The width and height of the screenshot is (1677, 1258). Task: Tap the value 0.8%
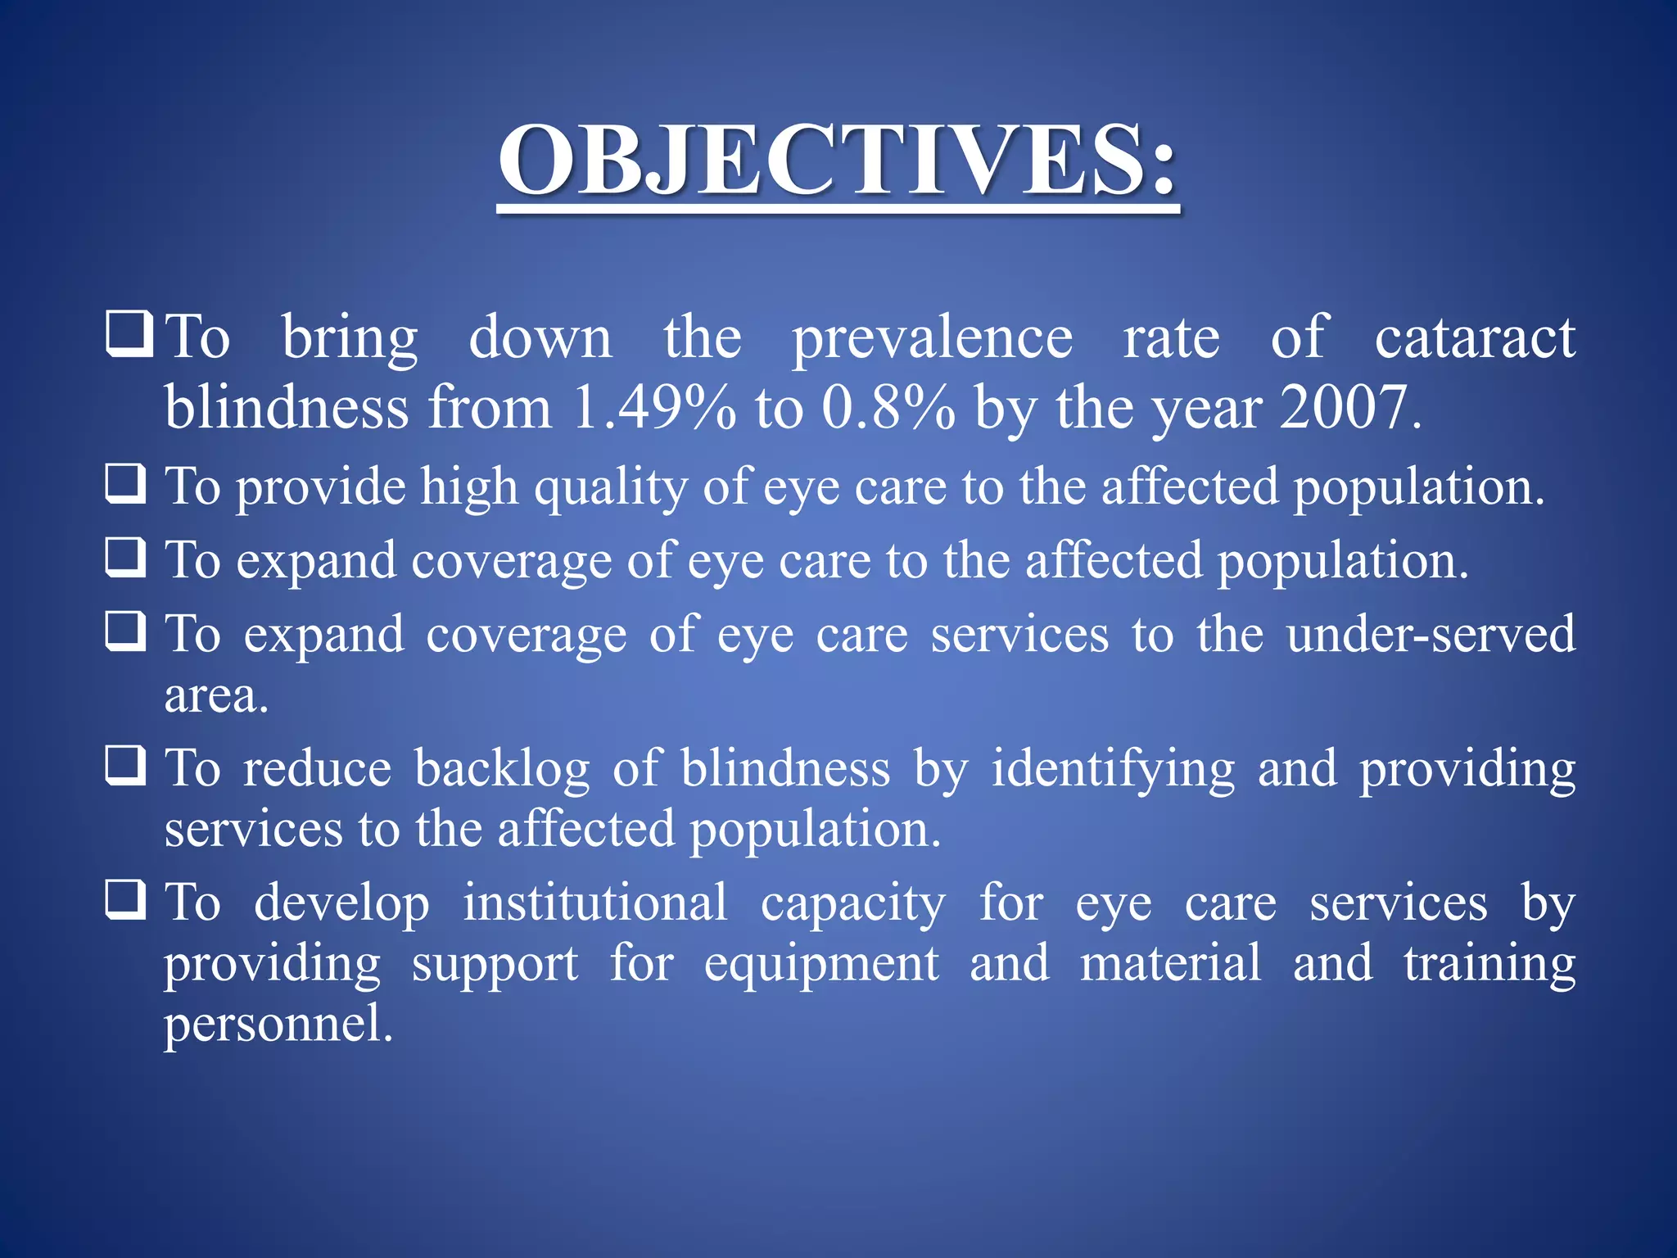point(888,407)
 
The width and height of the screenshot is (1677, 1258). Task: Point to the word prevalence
point(932,339)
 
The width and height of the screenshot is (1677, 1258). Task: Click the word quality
point(611,489)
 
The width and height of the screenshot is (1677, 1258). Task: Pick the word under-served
point(1431,634)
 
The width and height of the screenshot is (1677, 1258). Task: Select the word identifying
point(1113,770)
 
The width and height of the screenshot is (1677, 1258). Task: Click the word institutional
point(595,903)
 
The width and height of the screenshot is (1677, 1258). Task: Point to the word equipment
point(821,964)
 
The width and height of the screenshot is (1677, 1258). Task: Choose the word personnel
point(278,1025)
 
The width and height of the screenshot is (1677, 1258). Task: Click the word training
point(1489,964)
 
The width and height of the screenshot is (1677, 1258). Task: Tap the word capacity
point(852,904)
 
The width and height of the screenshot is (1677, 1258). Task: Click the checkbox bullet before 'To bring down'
point(128,333)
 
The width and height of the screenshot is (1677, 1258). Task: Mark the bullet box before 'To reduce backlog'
point(126,765)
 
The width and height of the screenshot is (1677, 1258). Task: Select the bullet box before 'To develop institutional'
point(126,899)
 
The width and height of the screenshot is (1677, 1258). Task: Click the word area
point(215,696)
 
